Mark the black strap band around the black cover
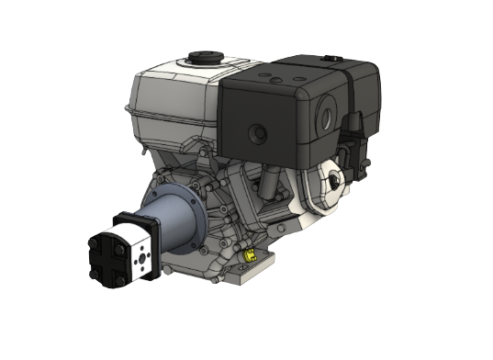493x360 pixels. (x=353, y=101)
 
